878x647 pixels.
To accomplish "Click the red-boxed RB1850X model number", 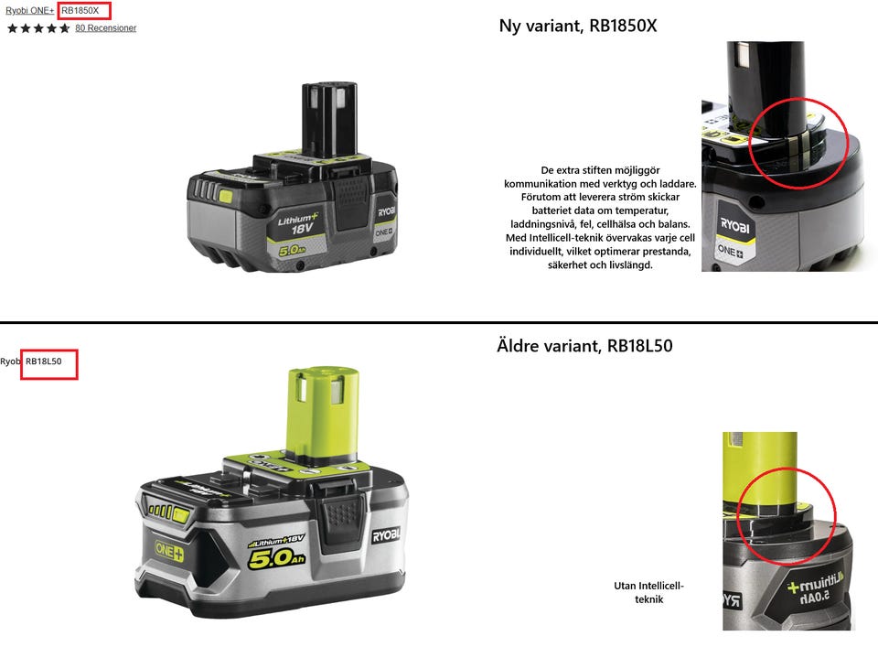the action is click(80, 11).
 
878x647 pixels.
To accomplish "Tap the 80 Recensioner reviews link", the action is click(106, 28).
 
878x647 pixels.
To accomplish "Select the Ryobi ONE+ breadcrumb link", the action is click(29, 11).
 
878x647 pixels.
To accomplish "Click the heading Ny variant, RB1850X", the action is click(578, 26).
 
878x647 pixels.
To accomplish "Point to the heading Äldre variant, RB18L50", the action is click(584, 346).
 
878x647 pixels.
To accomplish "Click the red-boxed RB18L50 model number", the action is click(44, 361).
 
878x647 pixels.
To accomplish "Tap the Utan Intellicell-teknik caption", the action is click(649, 592).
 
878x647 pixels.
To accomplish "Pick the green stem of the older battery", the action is click(323, 414).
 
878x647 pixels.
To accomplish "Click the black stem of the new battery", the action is click(329, 118).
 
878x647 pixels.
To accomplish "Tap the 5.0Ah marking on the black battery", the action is click(292, 251).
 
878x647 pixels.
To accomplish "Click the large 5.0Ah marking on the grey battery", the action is click(276, 558).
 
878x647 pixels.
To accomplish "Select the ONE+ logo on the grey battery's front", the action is click(169, 551).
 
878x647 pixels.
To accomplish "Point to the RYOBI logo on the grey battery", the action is click(386, 535).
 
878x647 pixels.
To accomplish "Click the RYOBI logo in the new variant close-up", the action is click(734, 226).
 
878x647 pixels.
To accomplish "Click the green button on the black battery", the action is click(226, 197).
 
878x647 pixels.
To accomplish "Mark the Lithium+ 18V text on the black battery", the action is click(298, 223).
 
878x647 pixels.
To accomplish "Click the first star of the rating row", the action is click(12, 28).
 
